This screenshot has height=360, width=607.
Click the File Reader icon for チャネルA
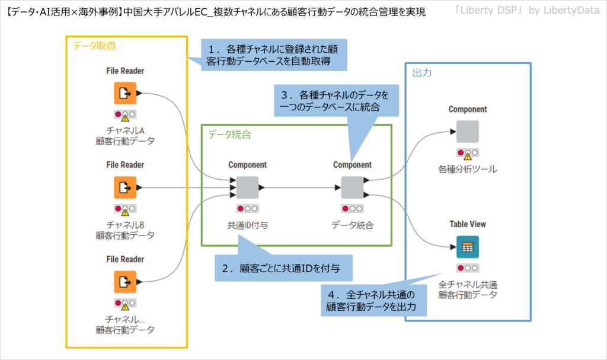[125, 93]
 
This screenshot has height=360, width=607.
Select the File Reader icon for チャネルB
[125, 187]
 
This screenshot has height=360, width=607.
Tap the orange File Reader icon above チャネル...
[125, 282]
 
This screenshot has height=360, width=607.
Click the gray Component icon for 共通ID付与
[247, 187]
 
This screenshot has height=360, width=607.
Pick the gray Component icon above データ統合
[352, 187]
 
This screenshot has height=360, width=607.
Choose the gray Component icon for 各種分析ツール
[467, 132]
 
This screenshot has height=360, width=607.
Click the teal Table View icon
[467, 247]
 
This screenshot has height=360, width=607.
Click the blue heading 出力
[421, 72]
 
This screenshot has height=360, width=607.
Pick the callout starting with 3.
[337, 101]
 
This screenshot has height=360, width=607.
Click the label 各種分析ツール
[467, 170]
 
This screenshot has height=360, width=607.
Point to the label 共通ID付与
[247, 225]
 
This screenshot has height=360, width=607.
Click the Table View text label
[467, 224]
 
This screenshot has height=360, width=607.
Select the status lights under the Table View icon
[467, 268]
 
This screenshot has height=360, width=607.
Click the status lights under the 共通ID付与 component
[247, 209]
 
